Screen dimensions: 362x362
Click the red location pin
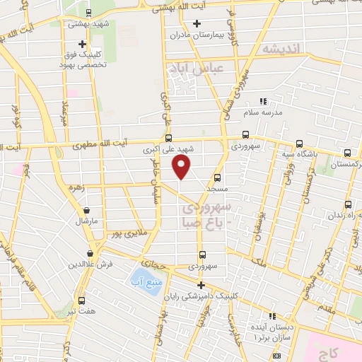tap(182, 167)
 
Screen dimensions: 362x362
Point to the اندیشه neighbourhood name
tap(281, 49)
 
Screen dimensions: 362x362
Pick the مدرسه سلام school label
tap(262, 112)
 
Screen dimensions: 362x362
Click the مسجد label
tap(217, 190)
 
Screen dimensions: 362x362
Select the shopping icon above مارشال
tap(87, 210)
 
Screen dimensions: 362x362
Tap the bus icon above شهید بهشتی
tap(88, 12)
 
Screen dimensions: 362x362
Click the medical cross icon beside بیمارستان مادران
tap(170, 34)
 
